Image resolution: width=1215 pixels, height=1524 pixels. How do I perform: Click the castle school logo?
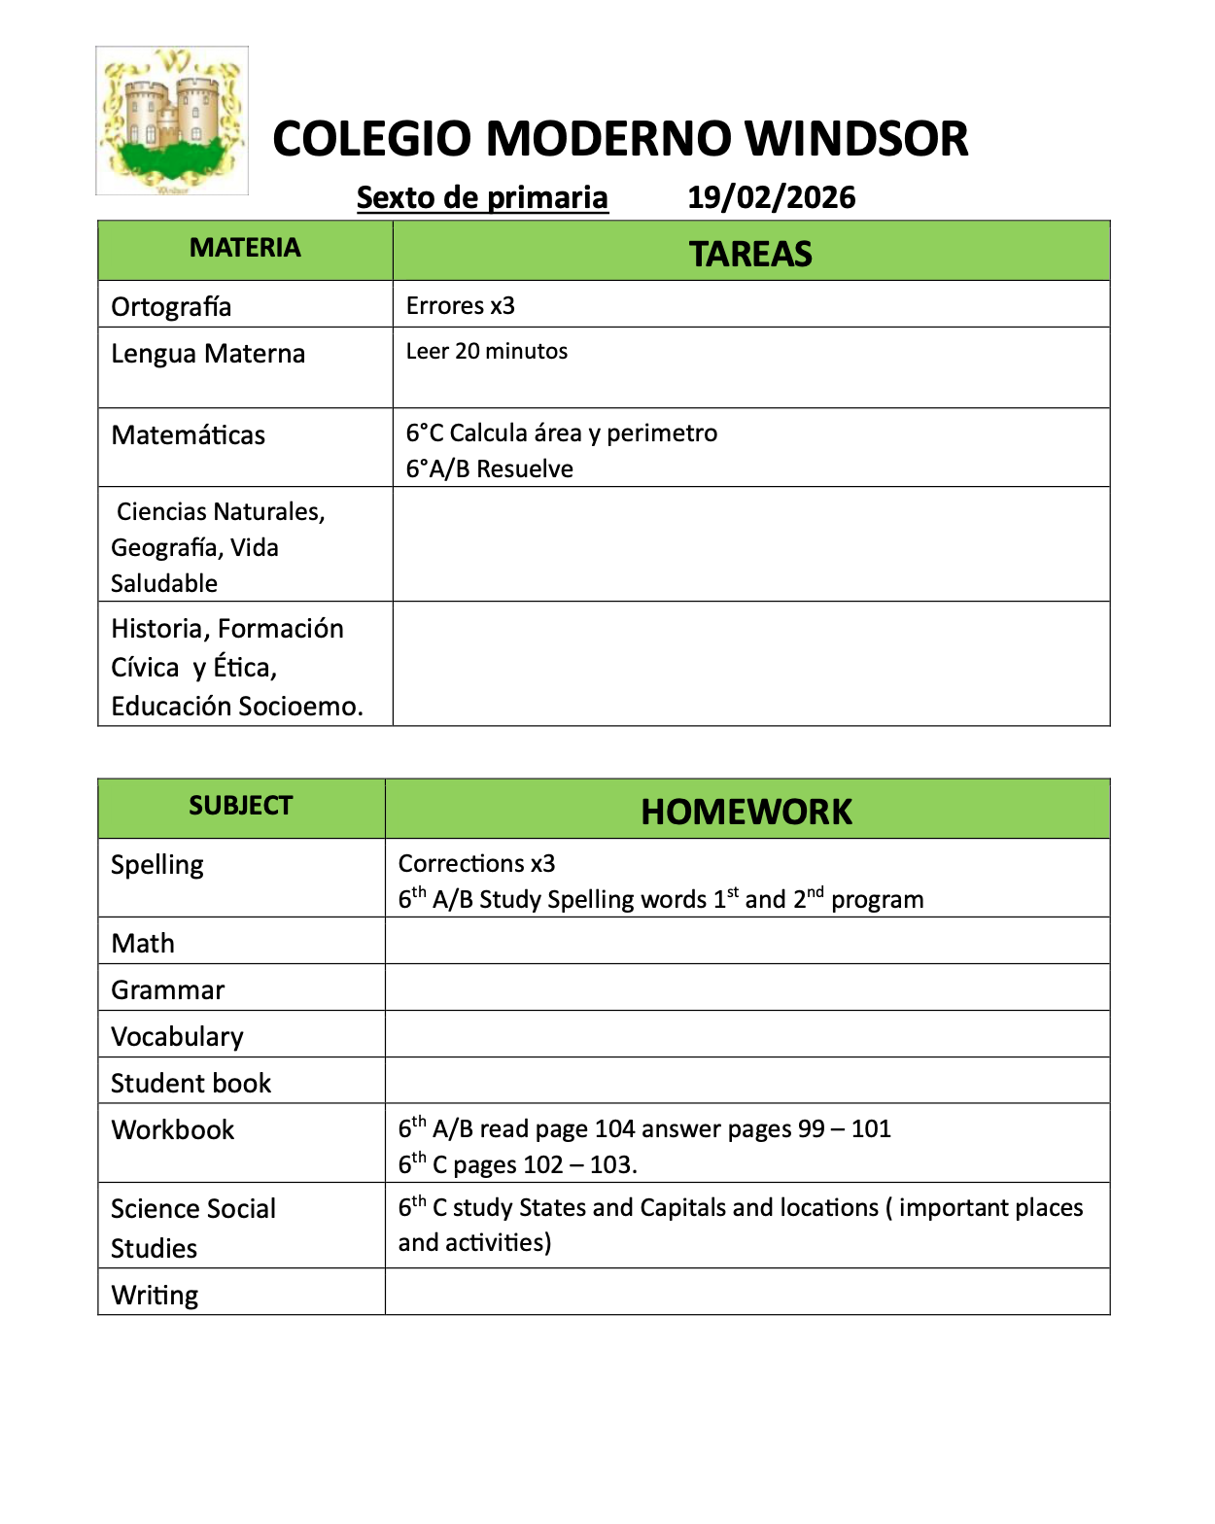point(172,121)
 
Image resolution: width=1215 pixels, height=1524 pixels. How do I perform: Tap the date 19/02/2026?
point(771,197)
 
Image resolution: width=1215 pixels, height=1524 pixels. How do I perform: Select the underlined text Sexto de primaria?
point(482,197)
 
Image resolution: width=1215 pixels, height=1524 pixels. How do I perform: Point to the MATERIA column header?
point(245,248)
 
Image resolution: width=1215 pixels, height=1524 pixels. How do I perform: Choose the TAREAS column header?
point(750,254)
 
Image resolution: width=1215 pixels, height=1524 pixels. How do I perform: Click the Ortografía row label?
point(171,307)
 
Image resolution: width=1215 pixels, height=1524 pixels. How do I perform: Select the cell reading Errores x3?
point(460,306)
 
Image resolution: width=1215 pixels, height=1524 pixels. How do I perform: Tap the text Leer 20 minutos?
point(486,352)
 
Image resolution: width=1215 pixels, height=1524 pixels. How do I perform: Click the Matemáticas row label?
point(189,435)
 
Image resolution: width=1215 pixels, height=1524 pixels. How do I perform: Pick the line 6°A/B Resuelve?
point(489,469)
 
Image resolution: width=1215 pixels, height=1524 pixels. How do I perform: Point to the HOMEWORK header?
point(746,812)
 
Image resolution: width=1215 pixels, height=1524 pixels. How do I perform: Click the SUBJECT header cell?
point(240,806)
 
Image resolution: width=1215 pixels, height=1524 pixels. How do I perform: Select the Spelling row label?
point(157,865)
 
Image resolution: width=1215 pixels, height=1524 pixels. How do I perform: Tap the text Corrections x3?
point(476,863)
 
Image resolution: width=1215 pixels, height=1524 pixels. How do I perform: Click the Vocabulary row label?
point(177,1037)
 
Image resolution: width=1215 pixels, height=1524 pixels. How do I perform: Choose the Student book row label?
point(191,1084)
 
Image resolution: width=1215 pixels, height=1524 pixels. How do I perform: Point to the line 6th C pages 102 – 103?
point(517,1164)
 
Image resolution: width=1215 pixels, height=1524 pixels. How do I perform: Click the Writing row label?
point(155,1296)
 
